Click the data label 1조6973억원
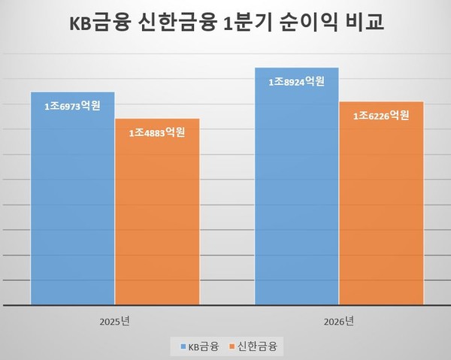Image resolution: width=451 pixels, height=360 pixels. (x=72, y=107)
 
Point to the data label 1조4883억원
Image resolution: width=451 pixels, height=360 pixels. (x=158, y=132)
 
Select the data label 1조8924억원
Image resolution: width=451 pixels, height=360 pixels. (x=297, y=81)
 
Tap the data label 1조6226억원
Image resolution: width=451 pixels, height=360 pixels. (x=382, y=116)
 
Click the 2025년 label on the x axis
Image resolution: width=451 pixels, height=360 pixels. (x=115, y=321)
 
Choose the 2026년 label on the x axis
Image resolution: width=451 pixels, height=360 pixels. (x=339, y=321)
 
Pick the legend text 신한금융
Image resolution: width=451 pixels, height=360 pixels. (x=258, y=346)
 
